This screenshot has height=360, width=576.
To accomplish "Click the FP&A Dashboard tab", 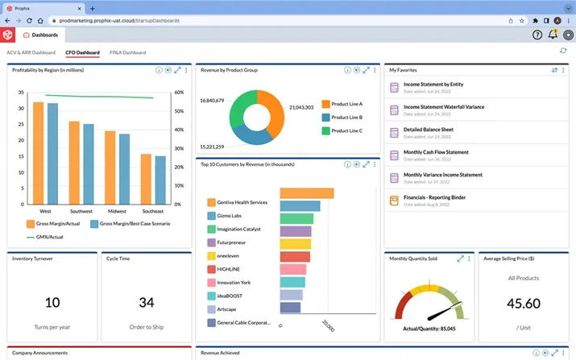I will (x=127, y=52).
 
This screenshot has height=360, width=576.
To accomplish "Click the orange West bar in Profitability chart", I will (x=38, y=153).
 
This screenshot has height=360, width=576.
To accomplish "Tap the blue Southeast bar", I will (x=160, y=180).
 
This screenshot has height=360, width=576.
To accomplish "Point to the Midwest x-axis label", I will (x=118, y=211).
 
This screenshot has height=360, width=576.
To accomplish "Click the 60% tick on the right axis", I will (x=179, y=92).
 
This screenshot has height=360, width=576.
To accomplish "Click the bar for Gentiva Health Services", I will (x=307, y=192).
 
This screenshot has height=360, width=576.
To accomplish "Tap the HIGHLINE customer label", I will (x=229, y=269).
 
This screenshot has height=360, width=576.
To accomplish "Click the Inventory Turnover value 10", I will (x=52, y=303).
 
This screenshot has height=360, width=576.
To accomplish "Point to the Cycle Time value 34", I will (x=146, y=303).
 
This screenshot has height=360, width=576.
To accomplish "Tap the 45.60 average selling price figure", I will (x=524, y=304).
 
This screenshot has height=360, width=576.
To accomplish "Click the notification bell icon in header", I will (x=553, y=35).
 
